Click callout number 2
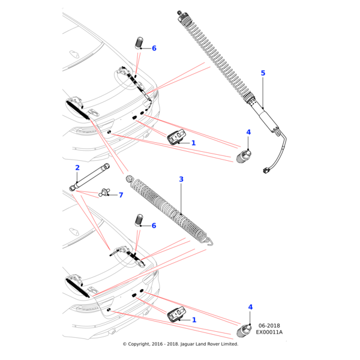coord(77,167)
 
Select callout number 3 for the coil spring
coord(181,179)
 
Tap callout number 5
coord(263,73)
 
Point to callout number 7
coord(121,195)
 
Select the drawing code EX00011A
coord(269,332)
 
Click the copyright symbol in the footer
coord(125,344)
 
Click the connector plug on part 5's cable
coord(265,170)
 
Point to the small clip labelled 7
coord(105,192)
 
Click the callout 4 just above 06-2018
coord(250,307)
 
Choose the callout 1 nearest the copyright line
coord(194,320)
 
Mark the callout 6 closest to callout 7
coord(154,226)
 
